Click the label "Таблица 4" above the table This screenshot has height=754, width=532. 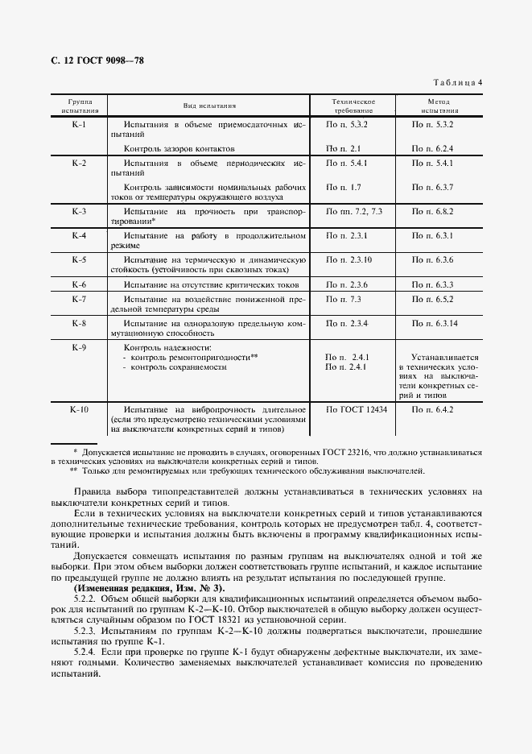pos(457,82)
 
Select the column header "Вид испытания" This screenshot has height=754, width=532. pos(208,106)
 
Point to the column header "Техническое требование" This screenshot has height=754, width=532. pos(353,106)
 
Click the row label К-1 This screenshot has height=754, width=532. pos(79,125)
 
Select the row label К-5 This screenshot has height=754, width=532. pos(79,260)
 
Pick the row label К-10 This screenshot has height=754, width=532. pos(79,409)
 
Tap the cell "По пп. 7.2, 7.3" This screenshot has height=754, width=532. pos(353,211)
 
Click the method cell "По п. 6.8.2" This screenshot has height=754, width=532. pos(433,211)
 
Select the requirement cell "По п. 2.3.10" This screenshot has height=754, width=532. pos(348,260)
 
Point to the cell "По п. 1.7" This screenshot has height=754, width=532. pos(343,187)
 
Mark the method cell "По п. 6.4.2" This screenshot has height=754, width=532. pos(433,409)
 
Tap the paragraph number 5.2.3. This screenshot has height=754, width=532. pos(85,632)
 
